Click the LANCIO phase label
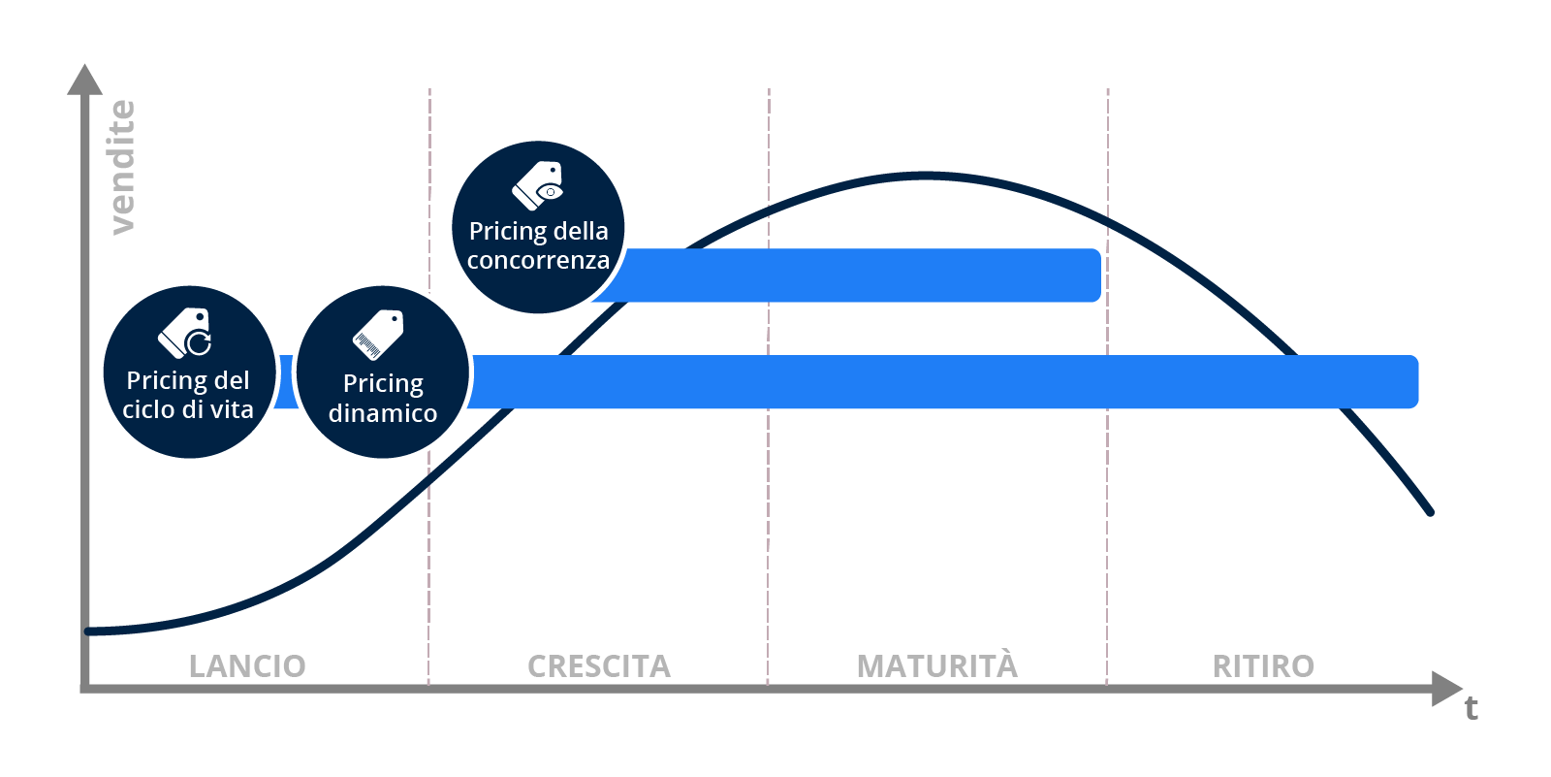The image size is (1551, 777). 247,666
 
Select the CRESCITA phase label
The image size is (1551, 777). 599,666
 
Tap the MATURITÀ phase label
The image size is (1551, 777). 936,664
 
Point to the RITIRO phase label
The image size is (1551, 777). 1263,666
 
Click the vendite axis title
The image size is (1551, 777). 122,167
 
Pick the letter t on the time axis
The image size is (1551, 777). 1471,708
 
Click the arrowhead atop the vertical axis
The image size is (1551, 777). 84,79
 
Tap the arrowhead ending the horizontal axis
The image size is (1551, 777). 1446,689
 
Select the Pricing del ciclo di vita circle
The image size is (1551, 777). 189,372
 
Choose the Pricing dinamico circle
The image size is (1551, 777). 383,372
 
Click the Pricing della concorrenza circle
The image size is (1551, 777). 538,227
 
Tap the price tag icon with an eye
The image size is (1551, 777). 537,185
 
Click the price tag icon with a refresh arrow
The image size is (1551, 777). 185,333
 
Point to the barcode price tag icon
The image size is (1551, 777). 378,335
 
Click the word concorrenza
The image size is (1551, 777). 538,261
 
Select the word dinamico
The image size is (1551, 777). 383,413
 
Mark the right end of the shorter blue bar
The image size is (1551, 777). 1099,275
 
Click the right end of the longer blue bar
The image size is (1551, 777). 1416,381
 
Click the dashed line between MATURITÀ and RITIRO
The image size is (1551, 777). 1107,387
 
